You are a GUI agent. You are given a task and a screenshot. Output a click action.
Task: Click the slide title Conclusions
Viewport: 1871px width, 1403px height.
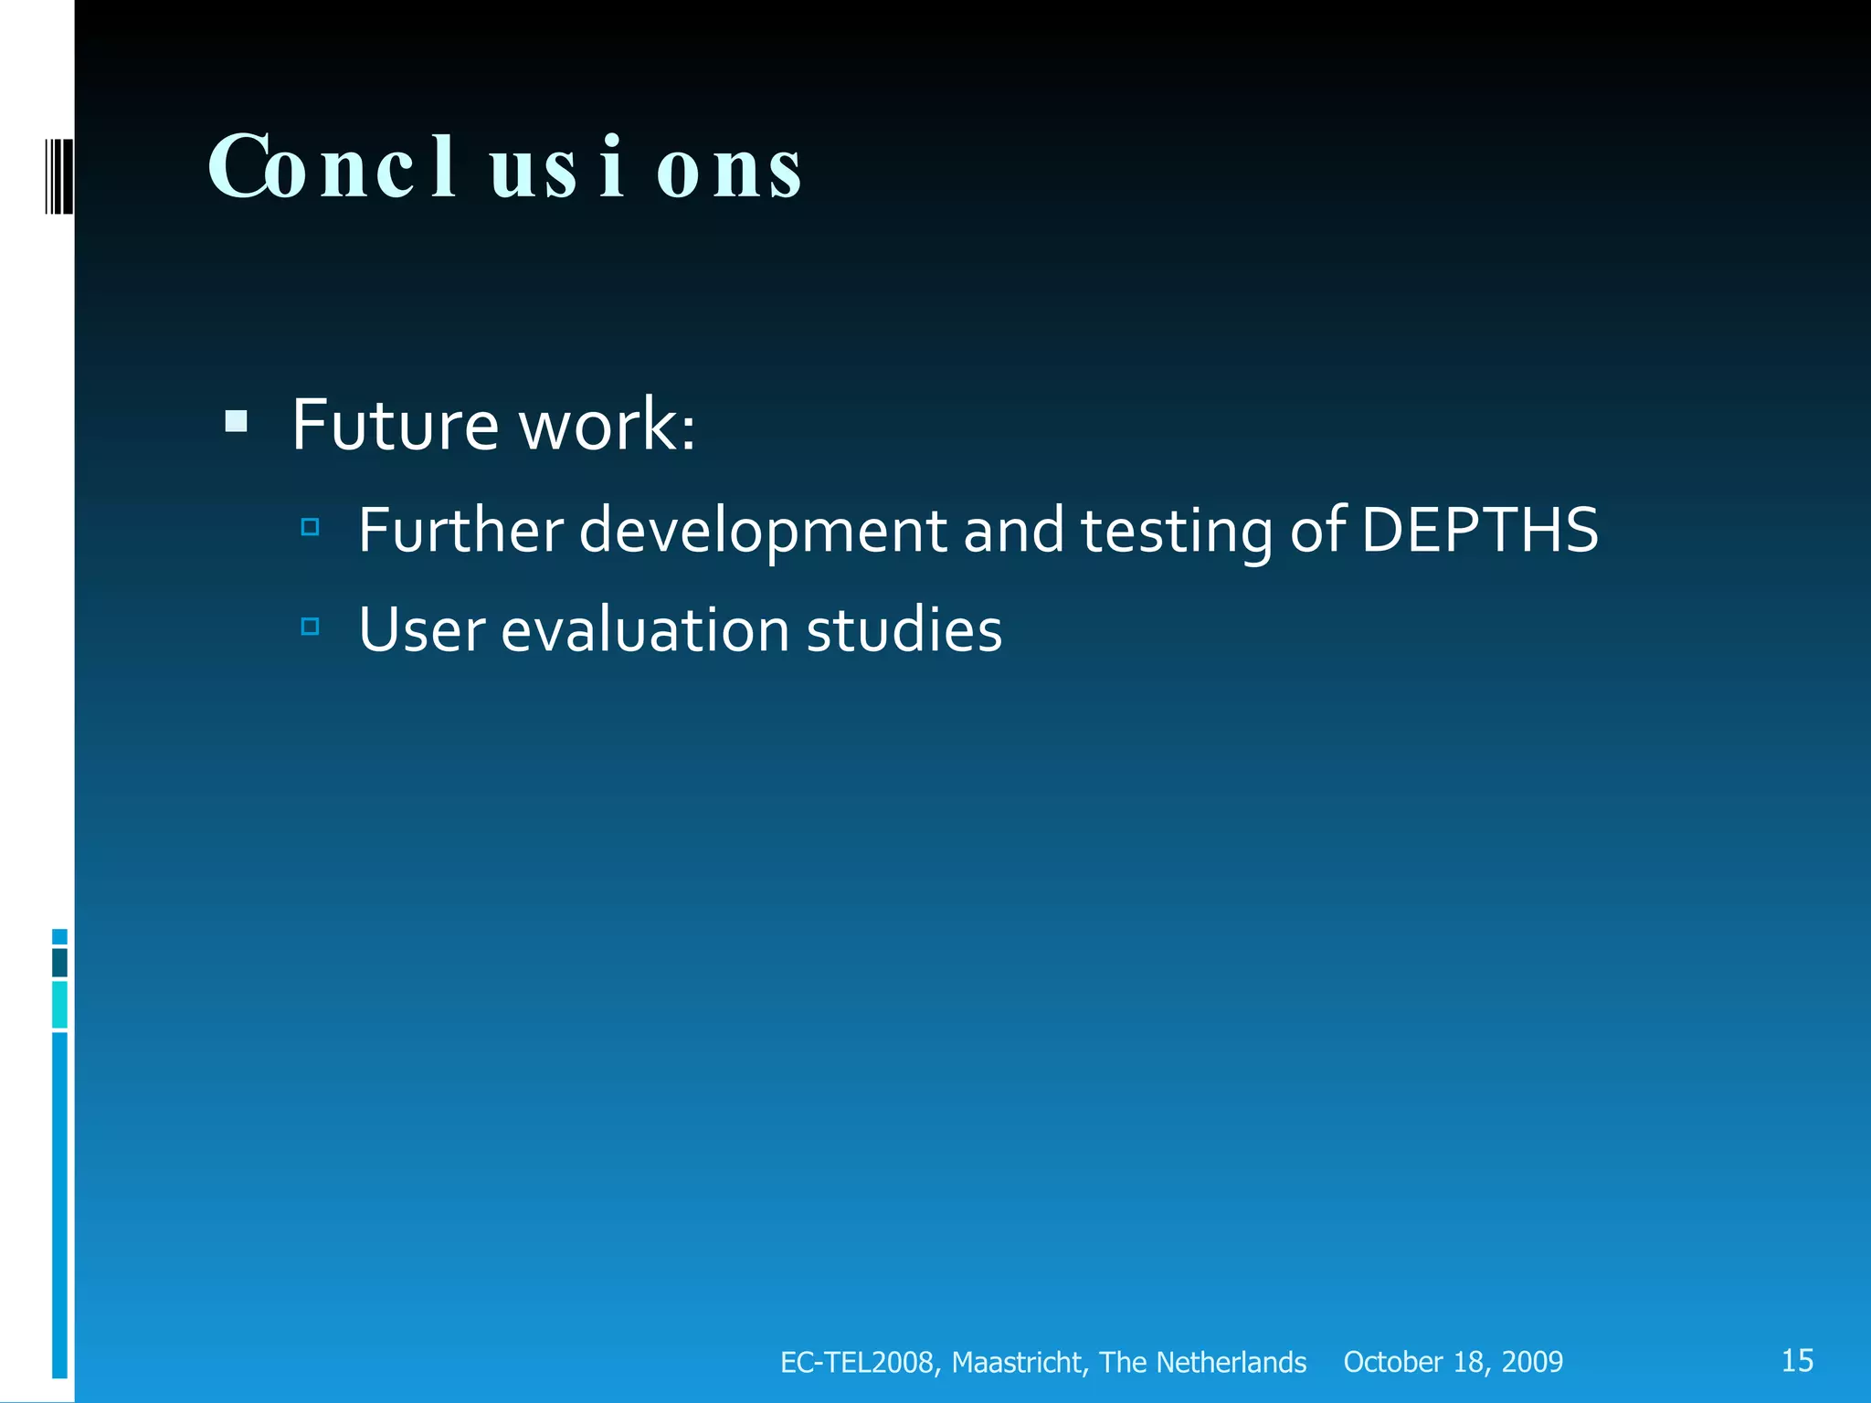coord(505,167)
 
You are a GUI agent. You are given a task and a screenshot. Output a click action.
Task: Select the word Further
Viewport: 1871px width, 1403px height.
coord(460,530)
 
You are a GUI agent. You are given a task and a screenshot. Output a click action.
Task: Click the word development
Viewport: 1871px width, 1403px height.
coord(763,530)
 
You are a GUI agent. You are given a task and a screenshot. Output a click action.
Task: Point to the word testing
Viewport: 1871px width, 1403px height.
coord(1176,530)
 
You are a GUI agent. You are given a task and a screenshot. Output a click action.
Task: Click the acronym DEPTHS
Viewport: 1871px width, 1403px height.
coord(1479,530)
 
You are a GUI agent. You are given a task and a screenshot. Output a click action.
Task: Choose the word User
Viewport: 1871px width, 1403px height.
coord(421,630)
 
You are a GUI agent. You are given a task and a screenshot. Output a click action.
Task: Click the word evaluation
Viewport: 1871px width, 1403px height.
coord(645,630)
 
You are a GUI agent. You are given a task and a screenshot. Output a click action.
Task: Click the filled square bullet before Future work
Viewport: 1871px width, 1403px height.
coord(236,421)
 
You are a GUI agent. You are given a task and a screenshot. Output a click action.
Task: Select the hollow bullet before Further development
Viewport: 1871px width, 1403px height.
coord(310,527)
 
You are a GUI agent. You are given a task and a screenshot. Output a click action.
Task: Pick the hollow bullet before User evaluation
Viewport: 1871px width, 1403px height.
coord(310,627)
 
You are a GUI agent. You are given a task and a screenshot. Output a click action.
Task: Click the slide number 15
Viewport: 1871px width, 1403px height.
coord(1797,1360)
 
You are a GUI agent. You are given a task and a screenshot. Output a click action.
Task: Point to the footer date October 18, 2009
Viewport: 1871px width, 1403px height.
coord(1453,1362)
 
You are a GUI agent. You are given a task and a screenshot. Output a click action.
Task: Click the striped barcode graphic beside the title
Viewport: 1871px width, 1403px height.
coord(59,174)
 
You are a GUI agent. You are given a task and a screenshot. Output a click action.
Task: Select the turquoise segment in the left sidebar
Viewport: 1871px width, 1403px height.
coord(59,1004)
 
